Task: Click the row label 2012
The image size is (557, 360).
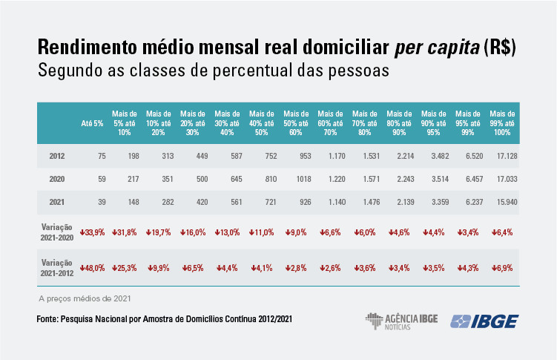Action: click(57, 156)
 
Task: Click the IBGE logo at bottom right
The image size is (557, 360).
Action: click(490, 321)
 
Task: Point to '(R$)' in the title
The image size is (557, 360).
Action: click(500, 48)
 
